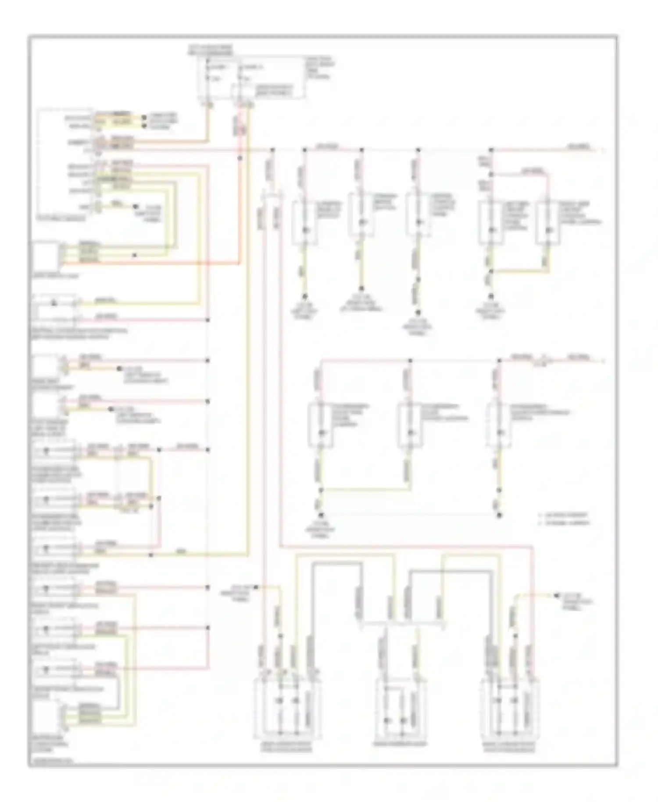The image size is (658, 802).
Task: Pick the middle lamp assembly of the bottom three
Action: (400, 713)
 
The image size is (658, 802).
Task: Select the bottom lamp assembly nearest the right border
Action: (510, 713)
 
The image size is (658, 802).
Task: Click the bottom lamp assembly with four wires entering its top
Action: (287, 713)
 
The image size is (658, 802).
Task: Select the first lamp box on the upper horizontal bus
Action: (305, 222)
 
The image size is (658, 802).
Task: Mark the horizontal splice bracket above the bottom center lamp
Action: (401, 622)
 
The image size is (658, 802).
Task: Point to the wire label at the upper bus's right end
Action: (579, 146)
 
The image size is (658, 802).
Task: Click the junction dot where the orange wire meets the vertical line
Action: (240, 158)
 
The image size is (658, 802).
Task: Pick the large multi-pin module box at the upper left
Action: (66, 162)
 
